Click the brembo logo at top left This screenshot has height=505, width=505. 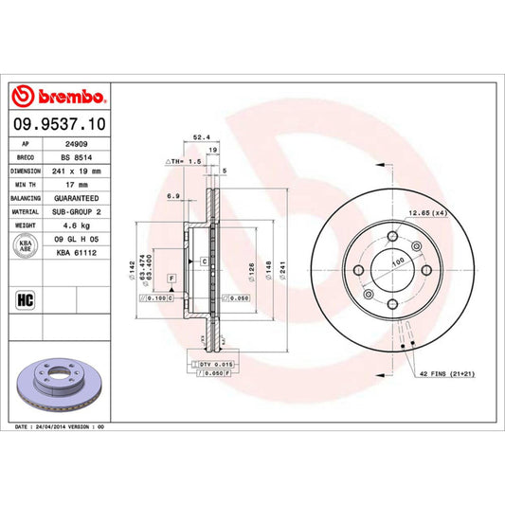(60, 97)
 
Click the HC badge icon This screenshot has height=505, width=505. (27, 303)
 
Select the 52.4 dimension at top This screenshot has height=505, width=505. (201, 135)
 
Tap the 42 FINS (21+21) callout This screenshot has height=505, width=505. (446, 374)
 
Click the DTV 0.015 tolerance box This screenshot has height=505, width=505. (216, 365)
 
